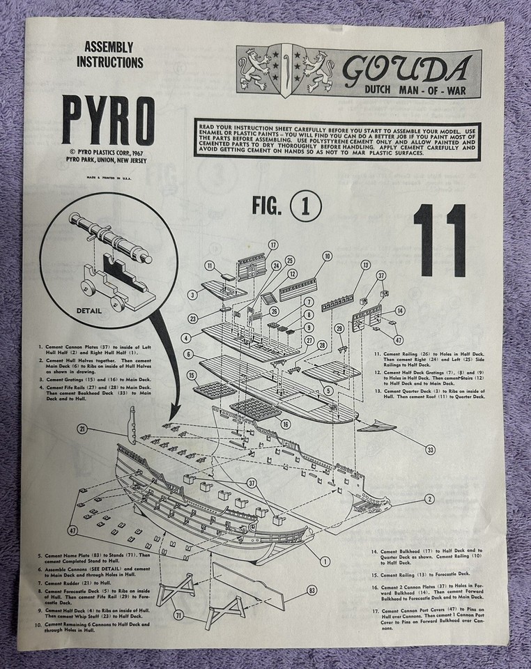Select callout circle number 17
(x=272, y=245)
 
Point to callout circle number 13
(x=365, y=265)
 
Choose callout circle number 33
(x=430, y=450)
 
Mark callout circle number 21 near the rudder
(x=83, y=429)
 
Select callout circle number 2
(x=430, y=498)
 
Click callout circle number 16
(x=286, y=424)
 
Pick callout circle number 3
(x=191, y=295)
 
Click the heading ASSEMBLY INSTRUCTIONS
(x=113, y=55)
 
